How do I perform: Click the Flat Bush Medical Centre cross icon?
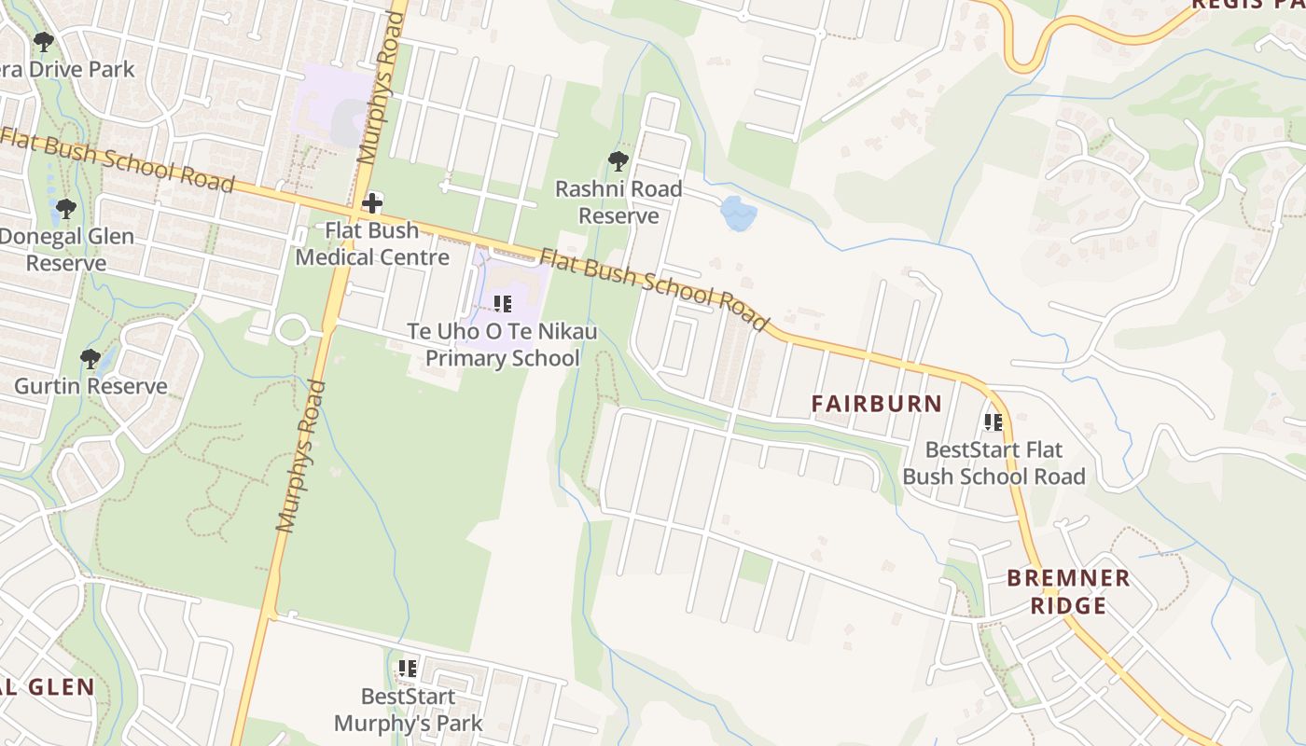coord(372,202)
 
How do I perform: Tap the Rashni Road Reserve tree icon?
coord(618,161)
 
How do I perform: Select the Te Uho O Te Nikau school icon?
coord(503,303)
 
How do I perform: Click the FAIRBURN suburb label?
coord(876,404)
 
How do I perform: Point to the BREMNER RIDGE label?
coord(1068,592)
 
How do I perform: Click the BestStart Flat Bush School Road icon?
coord(993,422)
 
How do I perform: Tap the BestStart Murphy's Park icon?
coord(408,668)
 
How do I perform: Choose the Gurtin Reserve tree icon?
coord(90,359)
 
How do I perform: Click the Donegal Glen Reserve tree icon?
coord(64,209)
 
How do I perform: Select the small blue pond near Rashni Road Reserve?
coord(738,214)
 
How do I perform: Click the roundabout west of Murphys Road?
coord(292,328)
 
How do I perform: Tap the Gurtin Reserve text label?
coord(90,386)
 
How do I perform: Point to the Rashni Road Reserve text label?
coord(618,202)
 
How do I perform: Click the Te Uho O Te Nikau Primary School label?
coord(503,345)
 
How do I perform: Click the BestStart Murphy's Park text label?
coord(408,710)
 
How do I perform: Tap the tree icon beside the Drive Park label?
coord(43,42)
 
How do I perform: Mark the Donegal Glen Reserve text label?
coord(65,250)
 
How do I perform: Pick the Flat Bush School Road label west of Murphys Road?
coord(117,159)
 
